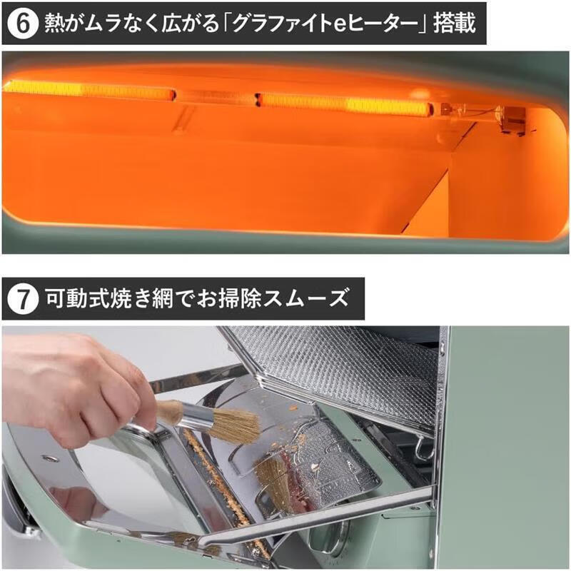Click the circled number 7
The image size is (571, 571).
click(x=23, y=298)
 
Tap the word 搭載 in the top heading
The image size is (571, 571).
click(x=455, y=23)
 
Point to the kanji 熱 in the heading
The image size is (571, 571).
click(x=56, y=23)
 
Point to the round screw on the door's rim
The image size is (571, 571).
click(x=46, y=458)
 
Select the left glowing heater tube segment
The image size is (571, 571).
click(x=89, y=91)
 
